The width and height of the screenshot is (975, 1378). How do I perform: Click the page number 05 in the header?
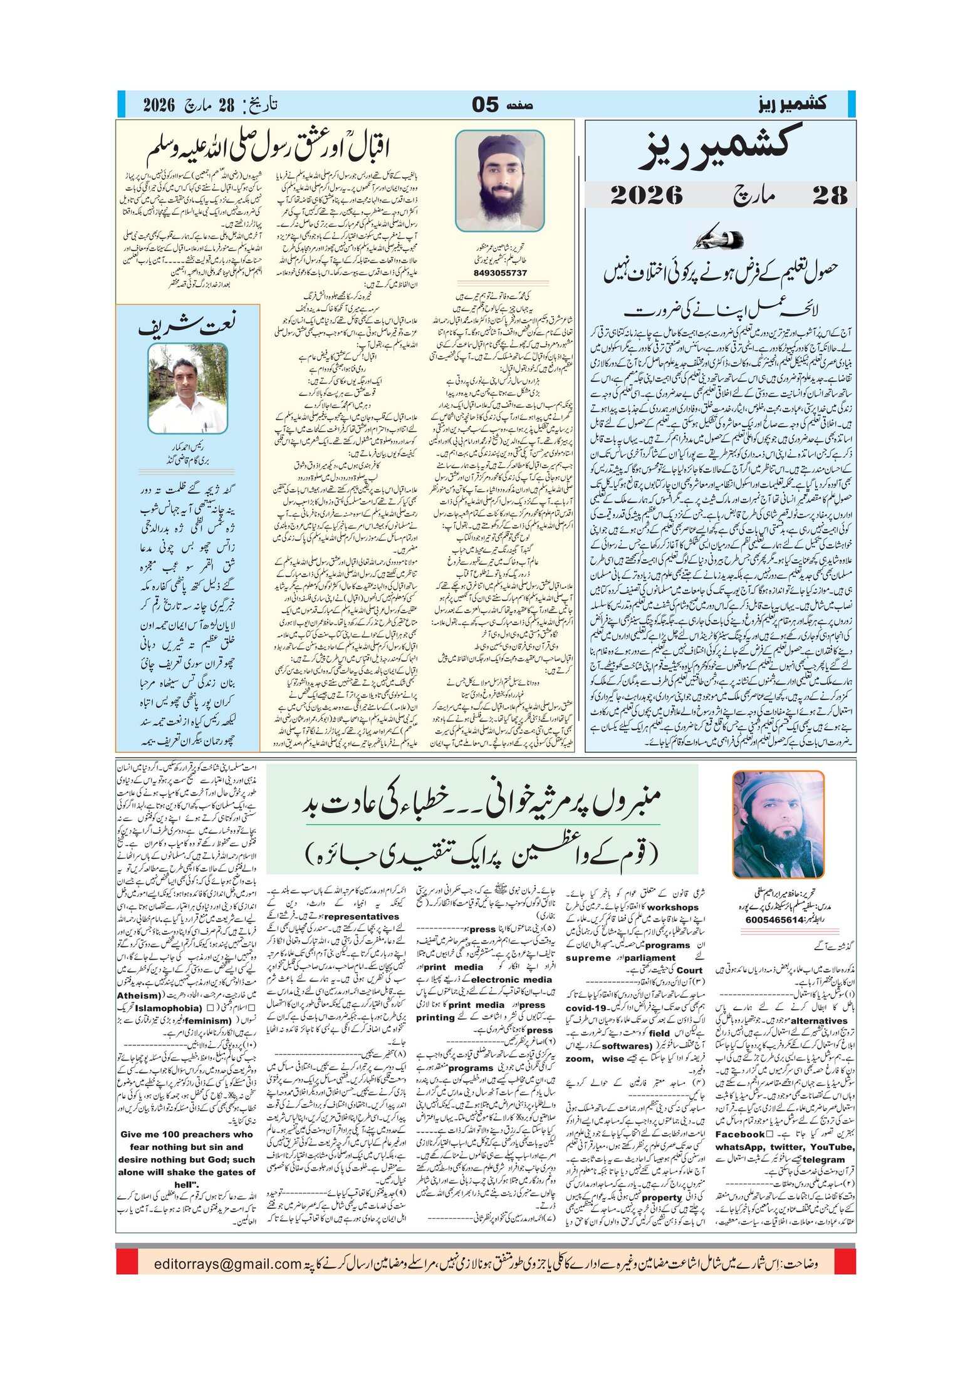[486, 105]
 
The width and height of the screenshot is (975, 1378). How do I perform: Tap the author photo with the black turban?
[499, 180]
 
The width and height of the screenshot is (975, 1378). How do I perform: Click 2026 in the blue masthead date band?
[646, 195]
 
